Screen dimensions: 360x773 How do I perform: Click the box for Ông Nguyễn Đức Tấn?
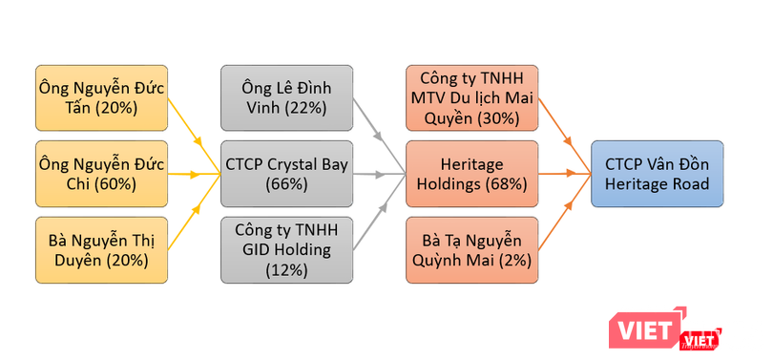[102, 98]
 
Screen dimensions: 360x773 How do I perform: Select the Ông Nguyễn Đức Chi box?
[102, 174]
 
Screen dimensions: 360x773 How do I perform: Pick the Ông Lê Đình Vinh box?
[286, 98]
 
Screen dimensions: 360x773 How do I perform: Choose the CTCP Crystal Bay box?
[286, 174]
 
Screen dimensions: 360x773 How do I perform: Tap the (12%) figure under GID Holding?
[286, 270]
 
